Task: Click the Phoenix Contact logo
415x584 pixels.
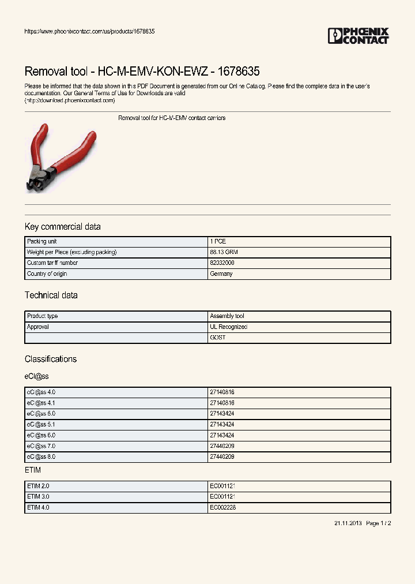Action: tap(358, 36)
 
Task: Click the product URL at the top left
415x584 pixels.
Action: tap(89, 31)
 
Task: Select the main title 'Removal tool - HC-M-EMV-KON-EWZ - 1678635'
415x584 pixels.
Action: tap(142, 72)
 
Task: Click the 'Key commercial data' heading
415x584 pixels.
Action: tap(62, 227)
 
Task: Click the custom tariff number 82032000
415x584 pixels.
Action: tap(222, 263)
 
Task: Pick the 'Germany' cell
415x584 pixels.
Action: tap(221, 274)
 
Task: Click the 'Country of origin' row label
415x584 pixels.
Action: tap(47, 274)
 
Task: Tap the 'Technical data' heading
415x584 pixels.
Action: tap(51, 295)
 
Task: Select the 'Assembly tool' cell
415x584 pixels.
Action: tap(227, 316)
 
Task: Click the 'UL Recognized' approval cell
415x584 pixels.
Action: tap(228, 327)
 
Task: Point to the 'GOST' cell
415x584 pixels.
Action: tap(218, 338)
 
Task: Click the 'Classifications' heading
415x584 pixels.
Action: tap(50, 359)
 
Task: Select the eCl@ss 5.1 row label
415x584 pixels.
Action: tap(41, 424)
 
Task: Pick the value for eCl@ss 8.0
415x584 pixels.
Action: tap(222, 456)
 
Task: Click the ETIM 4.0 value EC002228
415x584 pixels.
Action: tap(222, 508)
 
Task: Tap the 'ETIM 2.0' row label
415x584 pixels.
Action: tap(39, 486)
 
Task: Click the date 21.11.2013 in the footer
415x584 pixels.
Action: tap(348, 523)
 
